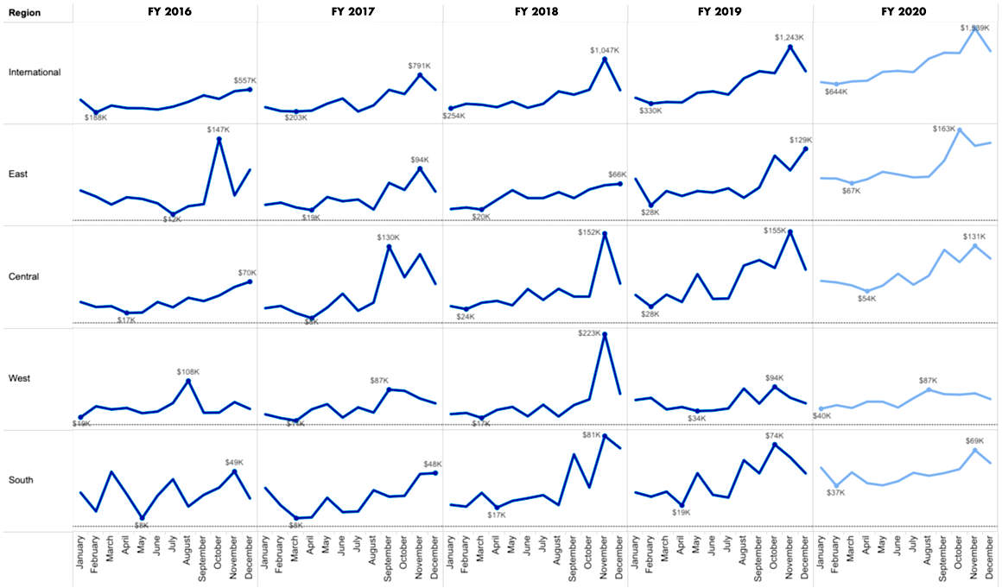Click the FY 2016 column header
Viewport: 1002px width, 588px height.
[165, 11]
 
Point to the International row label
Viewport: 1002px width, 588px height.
[35, 72]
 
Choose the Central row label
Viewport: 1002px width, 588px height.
[24, 276]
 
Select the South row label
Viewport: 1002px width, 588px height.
[22, 479]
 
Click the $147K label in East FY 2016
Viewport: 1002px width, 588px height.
[219, 130]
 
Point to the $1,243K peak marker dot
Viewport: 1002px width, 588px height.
[790, 47]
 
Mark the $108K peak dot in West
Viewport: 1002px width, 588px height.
[188, 381]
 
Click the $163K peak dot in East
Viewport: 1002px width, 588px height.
[960, 130]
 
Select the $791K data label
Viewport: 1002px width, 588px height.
[420, 66]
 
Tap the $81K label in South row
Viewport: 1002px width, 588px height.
[592, 434]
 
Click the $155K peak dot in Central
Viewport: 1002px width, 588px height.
[790, 231]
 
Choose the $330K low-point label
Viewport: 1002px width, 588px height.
[650, 111]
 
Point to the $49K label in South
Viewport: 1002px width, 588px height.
[235, 462]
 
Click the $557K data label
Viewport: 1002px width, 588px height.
[245, 80]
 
